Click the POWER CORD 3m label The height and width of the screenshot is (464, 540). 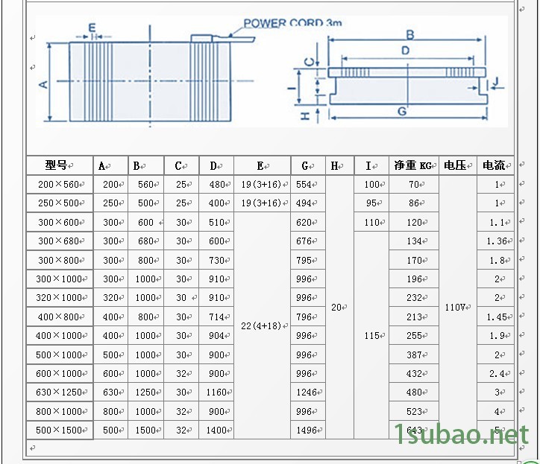(292, 23)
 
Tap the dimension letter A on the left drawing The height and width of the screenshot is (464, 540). (43, 83)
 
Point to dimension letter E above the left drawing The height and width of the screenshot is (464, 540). (91, 28)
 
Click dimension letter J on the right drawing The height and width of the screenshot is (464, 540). (496, 80)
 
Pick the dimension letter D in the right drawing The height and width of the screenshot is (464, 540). (405, 51)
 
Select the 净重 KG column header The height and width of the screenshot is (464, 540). (413, 165)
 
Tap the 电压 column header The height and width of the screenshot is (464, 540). (456, 165)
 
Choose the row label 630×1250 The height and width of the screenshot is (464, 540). (60, 393)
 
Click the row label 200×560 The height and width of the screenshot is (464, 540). (60, 184)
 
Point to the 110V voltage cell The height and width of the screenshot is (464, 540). (457, 307)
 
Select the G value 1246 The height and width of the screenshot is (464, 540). (306, 393)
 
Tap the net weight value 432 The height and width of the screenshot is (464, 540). (414, 373)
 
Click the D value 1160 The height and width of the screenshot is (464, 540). (216, 393)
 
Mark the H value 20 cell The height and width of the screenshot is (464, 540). (337, 307)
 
